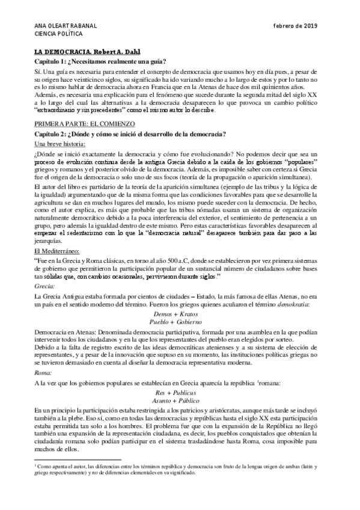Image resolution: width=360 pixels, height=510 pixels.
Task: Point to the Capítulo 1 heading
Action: [100, 61]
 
